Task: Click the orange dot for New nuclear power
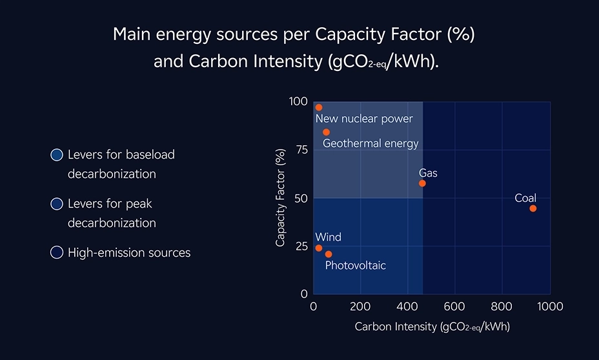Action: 318,108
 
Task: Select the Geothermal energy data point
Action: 326,132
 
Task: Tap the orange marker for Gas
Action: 422,183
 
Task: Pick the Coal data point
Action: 533,208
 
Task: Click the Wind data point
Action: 318,248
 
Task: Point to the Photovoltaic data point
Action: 329,254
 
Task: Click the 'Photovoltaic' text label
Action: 355,265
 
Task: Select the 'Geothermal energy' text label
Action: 371,143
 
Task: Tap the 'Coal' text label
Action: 525,198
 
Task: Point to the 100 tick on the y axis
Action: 298,102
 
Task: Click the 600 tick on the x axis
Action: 455,306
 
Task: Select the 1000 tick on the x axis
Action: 549,306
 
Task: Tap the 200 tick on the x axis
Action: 360,306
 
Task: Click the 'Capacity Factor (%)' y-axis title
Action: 280,197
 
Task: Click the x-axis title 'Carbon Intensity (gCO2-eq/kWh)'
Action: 432,327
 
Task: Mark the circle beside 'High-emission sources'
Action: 57,252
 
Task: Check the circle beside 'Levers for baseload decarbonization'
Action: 57,155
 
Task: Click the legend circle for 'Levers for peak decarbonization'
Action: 57,204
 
